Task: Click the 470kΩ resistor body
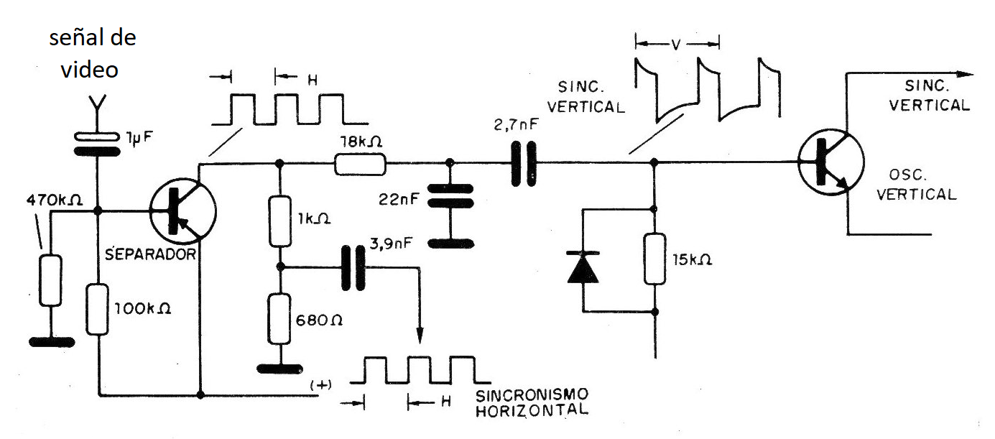(50, 280)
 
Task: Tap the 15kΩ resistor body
(654, 259)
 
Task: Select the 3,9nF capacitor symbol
(352, 267)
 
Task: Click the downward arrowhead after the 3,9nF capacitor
(420, 336)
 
